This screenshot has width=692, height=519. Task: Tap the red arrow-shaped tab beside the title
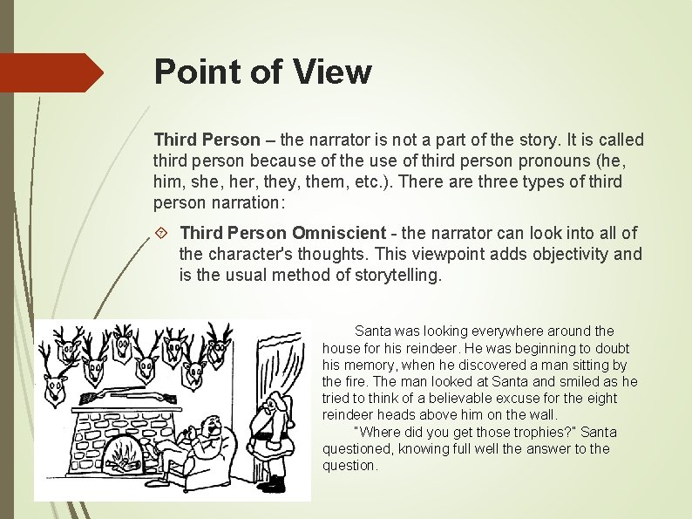52,72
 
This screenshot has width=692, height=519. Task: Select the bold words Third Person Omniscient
282,233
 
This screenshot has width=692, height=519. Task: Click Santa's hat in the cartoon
277,402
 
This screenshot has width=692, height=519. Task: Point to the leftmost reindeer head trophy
58,385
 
